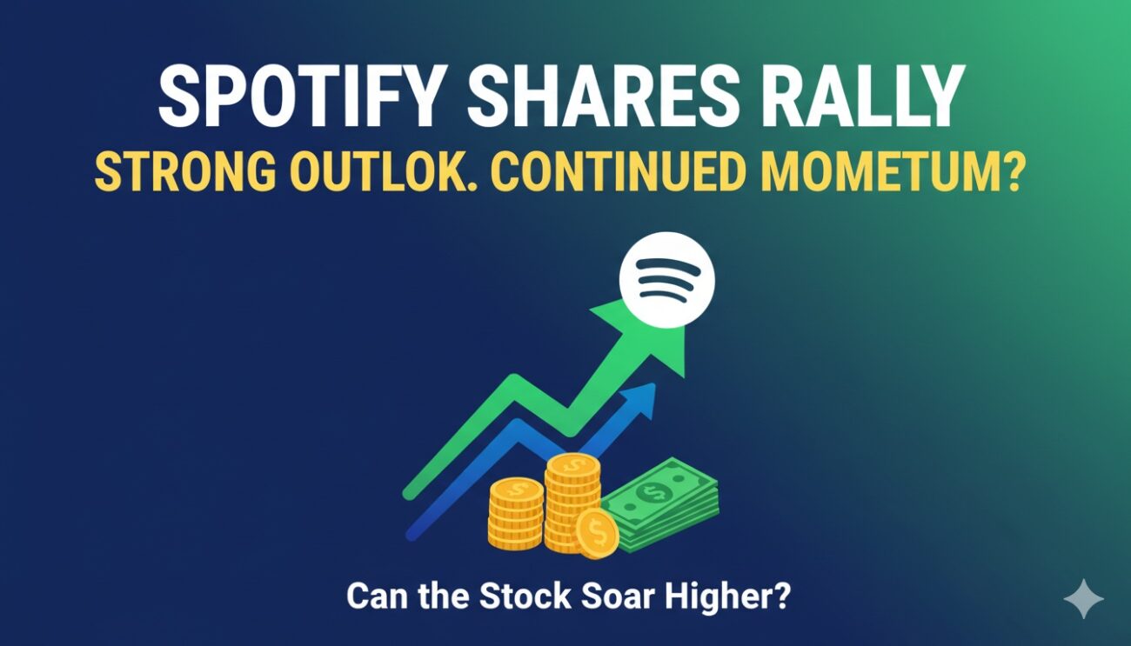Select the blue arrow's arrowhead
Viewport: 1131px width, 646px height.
point(639,399)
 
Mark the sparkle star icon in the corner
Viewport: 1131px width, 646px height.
point(1083,600)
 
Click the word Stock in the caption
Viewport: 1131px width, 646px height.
point(515,597)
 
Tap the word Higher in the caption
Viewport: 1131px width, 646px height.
point(729,598)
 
